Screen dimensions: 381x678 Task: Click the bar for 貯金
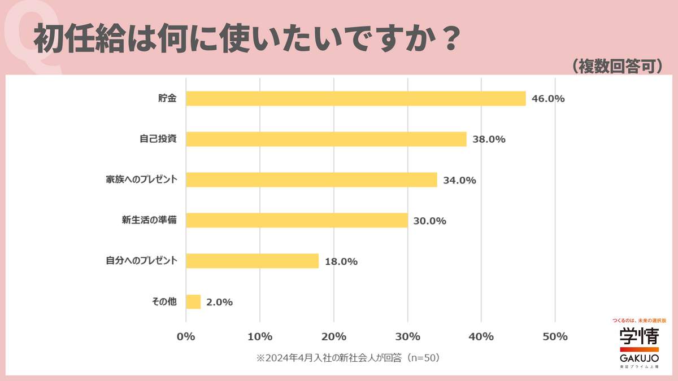355,99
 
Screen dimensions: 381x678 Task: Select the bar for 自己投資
326,139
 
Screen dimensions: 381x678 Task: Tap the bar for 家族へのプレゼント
311,179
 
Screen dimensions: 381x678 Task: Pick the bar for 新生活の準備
297,220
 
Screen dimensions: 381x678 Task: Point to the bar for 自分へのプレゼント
252,261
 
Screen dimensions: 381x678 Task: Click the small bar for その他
193,301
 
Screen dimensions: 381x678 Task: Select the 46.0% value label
548,99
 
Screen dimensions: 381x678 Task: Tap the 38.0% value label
489,139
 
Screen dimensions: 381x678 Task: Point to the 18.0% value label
341,261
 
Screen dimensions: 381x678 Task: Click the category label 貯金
167,99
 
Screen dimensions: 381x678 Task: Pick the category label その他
164,302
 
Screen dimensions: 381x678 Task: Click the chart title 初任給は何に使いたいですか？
246,38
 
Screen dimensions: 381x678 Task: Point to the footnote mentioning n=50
348,357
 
